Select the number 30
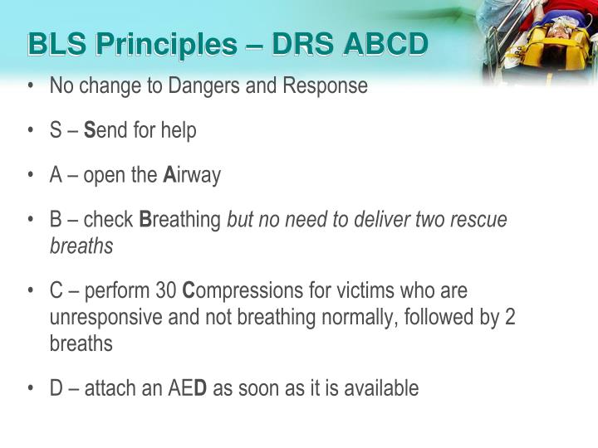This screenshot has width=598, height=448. pyautogui.click(x=165, y=291)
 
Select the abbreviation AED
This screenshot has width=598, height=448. pyautogui.click(x=191, y=388)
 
